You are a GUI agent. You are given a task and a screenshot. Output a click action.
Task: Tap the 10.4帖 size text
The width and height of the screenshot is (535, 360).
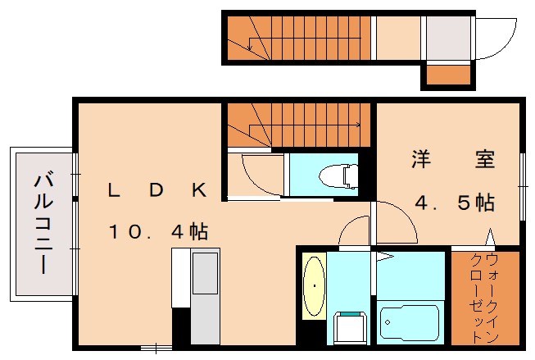pyautogui.click(x=158, y=231)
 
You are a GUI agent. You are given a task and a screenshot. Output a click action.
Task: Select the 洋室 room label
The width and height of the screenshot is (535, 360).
pyautogui.click(x=452, y=160)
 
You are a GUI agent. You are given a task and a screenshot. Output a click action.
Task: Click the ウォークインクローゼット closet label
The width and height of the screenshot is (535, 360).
pyautogui.click(x=485, y=297)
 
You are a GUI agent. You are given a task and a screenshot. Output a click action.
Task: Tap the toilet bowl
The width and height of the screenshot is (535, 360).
pyautogui.click(x=339, y=175)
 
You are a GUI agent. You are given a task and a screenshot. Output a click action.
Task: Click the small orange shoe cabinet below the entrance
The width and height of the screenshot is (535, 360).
pyautogui.click(x=447, y=75)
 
